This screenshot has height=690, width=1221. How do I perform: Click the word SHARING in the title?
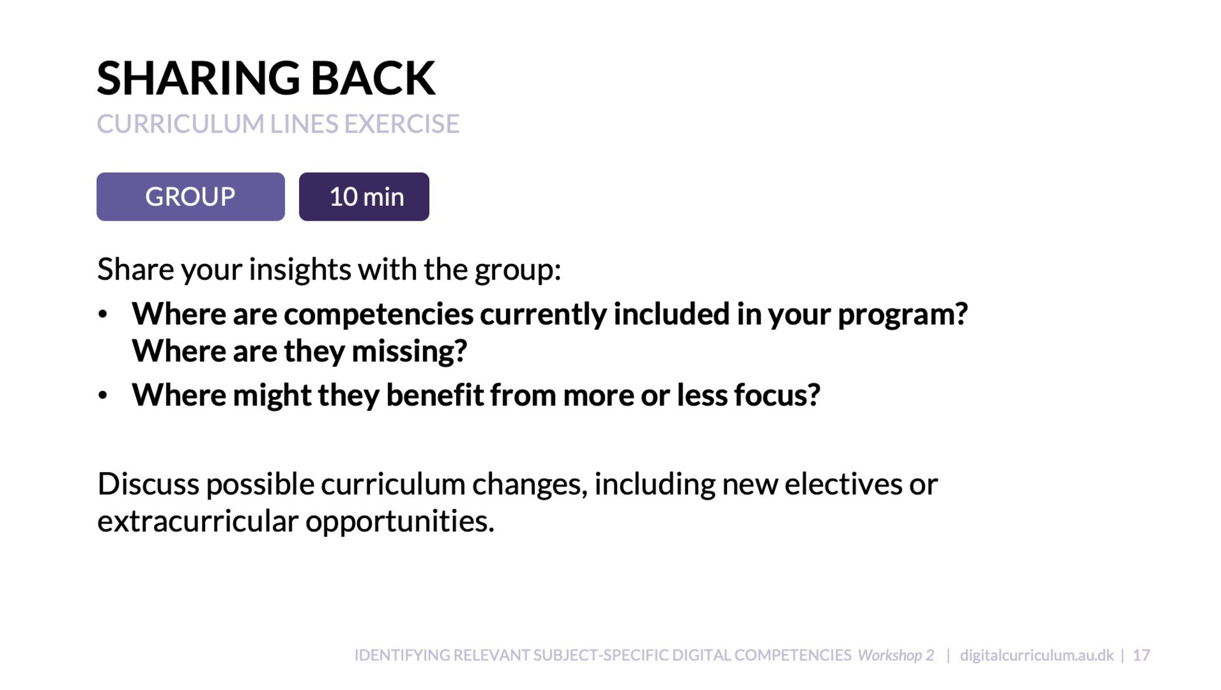point(198,78)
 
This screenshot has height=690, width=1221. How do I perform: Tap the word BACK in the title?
point(374,78)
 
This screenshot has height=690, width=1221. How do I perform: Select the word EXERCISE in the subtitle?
point(402,124)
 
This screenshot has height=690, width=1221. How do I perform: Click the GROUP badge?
point(190,197)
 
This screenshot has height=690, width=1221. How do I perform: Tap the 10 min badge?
point(364,197)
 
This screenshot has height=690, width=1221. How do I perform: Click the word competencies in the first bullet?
point(379,314)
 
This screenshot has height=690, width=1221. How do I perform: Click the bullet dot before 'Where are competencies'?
point(103,314)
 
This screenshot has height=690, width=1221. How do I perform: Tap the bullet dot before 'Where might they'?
point(103,396)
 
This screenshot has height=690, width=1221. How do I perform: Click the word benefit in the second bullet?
point(435,394)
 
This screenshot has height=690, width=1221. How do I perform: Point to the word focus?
point(777,394)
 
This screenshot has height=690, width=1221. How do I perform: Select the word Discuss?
point(148,484)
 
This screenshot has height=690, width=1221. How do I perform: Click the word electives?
point(843,484)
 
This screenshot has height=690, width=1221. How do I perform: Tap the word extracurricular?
point(198,521)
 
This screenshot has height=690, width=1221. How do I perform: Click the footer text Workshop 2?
point(896,655)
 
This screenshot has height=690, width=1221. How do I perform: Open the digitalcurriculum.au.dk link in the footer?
point(1037,655)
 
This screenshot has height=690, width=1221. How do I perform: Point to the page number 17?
point(1142,655)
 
